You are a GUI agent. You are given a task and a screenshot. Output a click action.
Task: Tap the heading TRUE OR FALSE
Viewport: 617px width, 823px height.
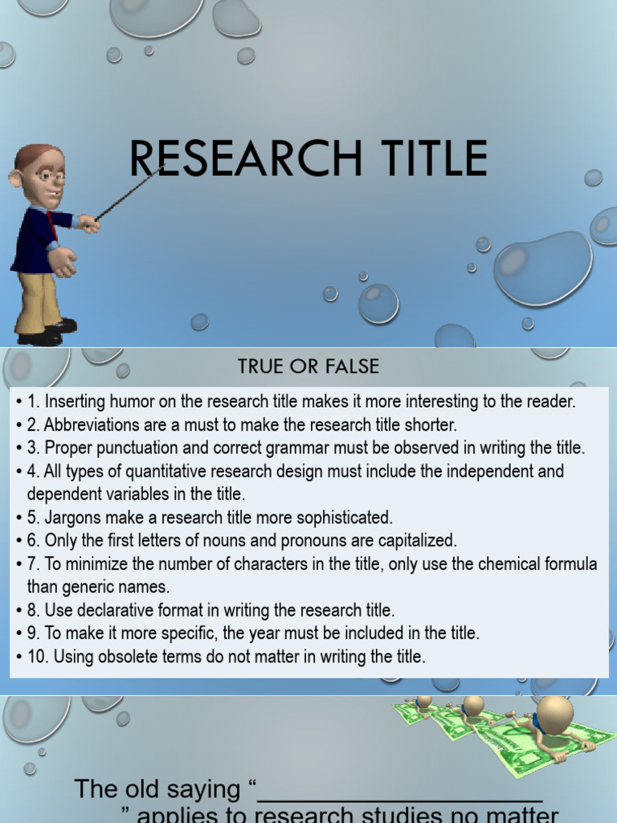[x=308, y=367]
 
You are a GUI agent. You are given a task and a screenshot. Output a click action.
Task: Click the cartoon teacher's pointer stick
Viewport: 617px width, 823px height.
[x=129, y=193]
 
